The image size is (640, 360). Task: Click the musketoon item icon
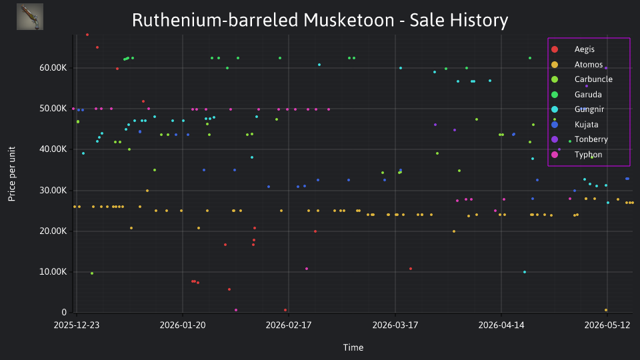click(30, 17)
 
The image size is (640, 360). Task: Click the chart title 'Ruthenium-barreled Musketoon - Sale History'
click(320, 20)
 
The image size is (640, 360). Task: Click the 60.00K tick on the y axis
click(53, 68)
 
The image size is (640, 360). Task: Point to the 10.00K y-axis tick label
click(53, 272)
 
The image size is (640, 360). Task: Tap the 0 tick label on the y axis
click(64, 312)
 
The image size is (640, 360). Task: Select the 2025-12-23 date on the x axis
click(77, 325)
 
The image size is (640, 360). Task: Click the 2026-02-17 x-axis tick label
click(289, 325)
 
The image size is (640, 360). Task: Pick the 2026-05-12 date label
click(607, 325)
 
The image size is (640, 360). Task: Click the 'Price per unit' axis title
click(12, 174)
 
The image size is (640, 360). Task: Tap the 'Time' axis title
click(353, 347)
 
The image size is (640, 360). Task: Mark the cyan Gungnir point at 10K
click(525, 272)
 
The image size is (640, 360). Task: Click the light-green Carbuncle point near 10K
click(92, 273)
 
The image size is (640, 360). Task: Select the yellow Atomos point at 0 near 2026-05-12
click(606, 310)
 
